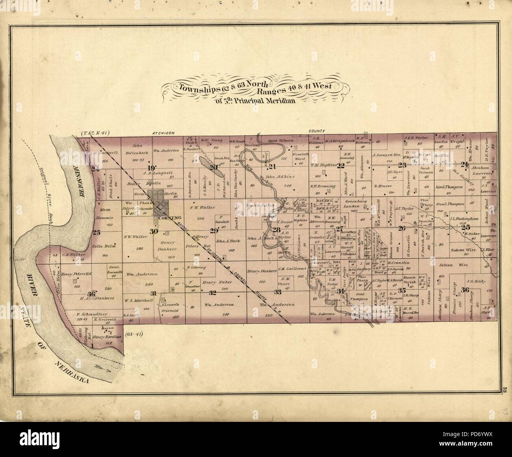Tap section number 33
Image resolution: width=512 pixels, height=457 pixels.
tap(278, 292)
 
